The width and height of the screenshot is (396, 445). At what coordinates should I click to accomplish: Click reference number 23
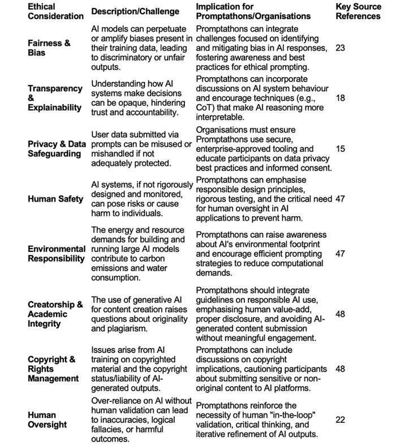(x=341, y=49)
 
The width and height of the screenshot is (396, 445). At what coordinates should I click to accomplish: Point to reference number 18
(x=341, y=98)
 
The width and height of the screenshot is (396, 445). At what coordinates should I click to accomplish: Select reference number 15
(x=341, y=148)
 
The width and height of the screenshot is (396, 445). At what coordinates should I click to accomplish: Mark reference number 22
(x=341, y=420)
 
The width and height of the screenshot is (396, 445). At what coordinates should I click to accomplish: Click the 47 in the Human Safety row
(x=341, y=199)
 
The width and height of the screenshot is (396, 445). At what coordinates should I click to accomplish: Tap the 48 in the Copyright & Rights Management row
(x=341, y=369)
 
